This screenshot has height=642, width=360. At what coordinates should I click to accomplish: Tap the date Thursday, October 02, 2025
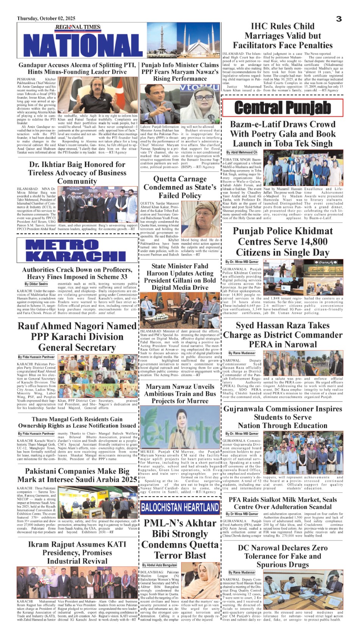point(46,19)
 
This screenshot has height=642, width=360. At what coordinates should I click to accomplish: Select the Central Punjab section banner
point(283,108)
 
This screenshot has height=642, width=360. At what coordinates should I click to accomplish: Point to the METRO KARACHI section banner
point(77,250)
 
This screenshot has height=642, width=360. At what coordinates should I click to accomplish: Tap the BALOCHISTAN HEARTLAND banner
point(180,507)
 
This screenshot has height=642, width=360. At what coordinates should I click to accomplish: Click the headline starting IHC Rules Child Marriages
point(283,36)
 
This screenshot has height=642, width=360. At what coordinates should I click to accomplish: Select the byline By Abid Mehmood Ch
point(242,152)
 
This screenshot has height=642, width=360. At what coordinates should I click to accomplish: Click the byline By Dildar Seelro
point(36,284)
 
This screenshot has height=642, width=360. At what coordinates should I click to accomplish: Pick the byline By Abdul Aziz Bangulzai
point(160,565)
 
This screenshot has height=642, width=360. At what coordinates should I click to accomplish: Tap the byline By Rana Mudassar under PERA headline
point(242,353)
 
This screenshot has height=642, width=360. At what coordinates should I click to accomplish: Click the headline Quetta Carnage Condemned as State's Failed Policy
point(180,187)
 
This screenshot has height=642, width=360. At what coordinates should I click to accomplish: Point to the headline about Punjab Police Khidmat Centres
point(283,242)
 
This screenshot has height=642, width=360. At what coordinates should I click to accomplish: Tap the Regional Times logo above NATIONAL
point(78,27)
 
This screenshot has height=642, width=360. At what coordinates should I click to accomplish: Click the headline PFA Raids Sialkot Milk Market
point(283,503)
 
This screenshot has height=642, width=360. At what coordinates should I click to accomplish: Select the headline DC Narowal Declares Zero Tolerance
point(283,556)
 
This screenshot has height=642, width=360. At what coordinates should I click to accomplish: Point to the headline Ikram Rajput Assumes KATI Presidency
point(77,553)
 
